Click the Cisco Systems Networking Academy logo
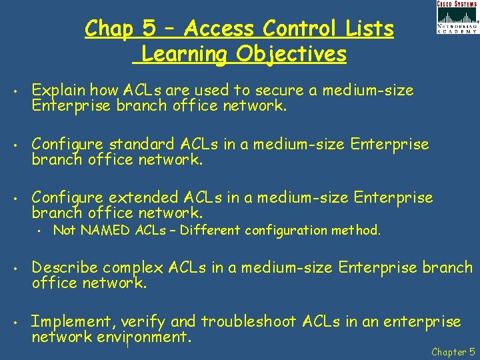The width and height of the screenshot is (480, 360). (x=457, y=18)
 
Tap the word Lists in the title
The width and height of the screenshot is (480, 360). (x=370, y=29)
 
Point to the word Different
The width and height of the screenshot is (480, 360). (x=211, y=231)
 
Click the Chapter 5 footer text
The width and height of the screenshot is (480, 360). (x=453, y=351)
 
